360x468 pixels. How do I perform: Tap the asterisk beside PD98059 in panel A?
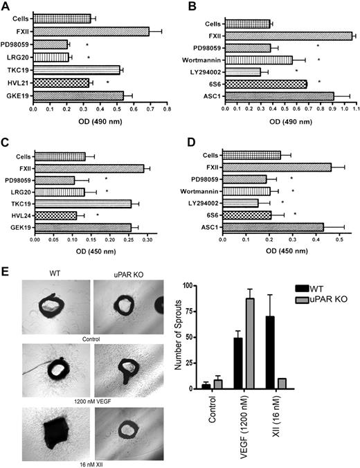point(87,44)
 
